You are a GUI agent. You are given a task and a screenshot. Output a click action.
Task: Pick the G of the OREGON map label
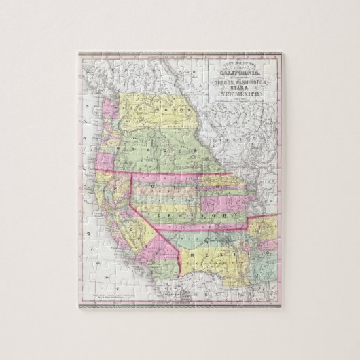[x=157, y=148]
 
